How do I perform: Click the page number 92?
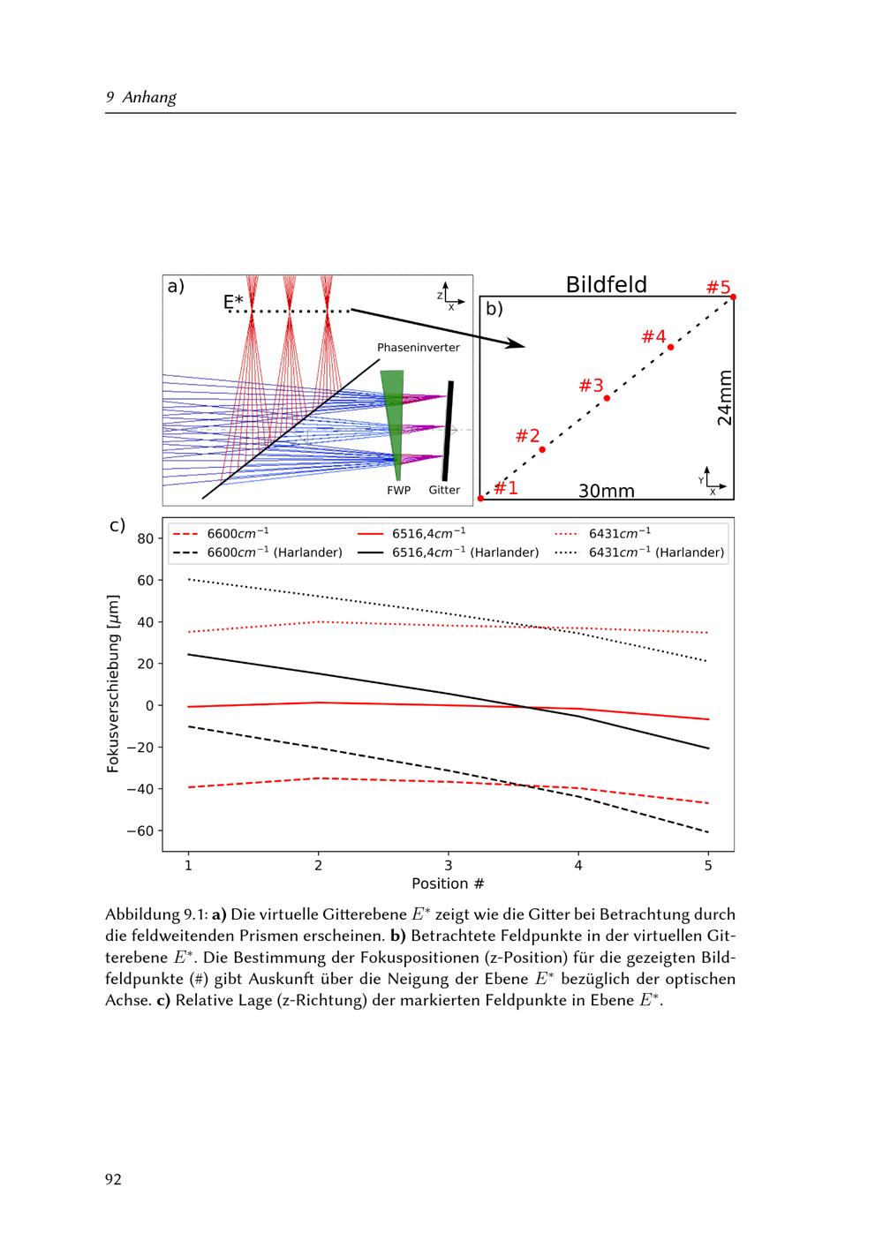tap(113, 1179)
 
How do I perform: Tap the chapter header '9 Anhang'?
tap(141, 97)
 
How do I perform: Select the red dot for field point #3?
tap(607, 398)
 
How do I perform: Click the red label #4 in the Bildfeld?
tap(653, 337)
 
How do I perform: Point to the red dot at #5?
tap(733, 297)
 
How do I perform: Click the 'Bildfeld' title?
tap(606, 284)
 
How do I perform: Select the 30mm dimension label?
tap(606, 491)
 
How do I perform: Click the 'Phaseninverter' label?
tap(418, 348)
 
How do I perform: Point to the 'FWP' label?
tap(396, 490)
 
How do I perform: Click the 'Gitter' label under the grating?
tap(444, 490)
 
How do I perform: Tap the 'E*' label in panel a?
tap(233, 303)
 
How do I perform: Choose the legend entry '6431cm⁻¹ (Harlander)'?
tap(656, 553)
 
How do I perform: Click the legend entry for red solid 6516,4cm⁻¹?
tap(428, 533)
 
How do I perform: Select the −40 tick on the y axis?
tap(141, 789)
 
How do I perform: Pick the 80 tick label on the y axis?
tap(146, 538)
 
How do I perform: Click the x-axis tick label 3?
tap(448, 865)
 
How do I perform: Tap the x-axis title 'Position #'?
tap(448, 883)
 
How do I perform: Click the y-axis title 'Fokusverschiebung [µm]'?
tap(113, 684)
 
